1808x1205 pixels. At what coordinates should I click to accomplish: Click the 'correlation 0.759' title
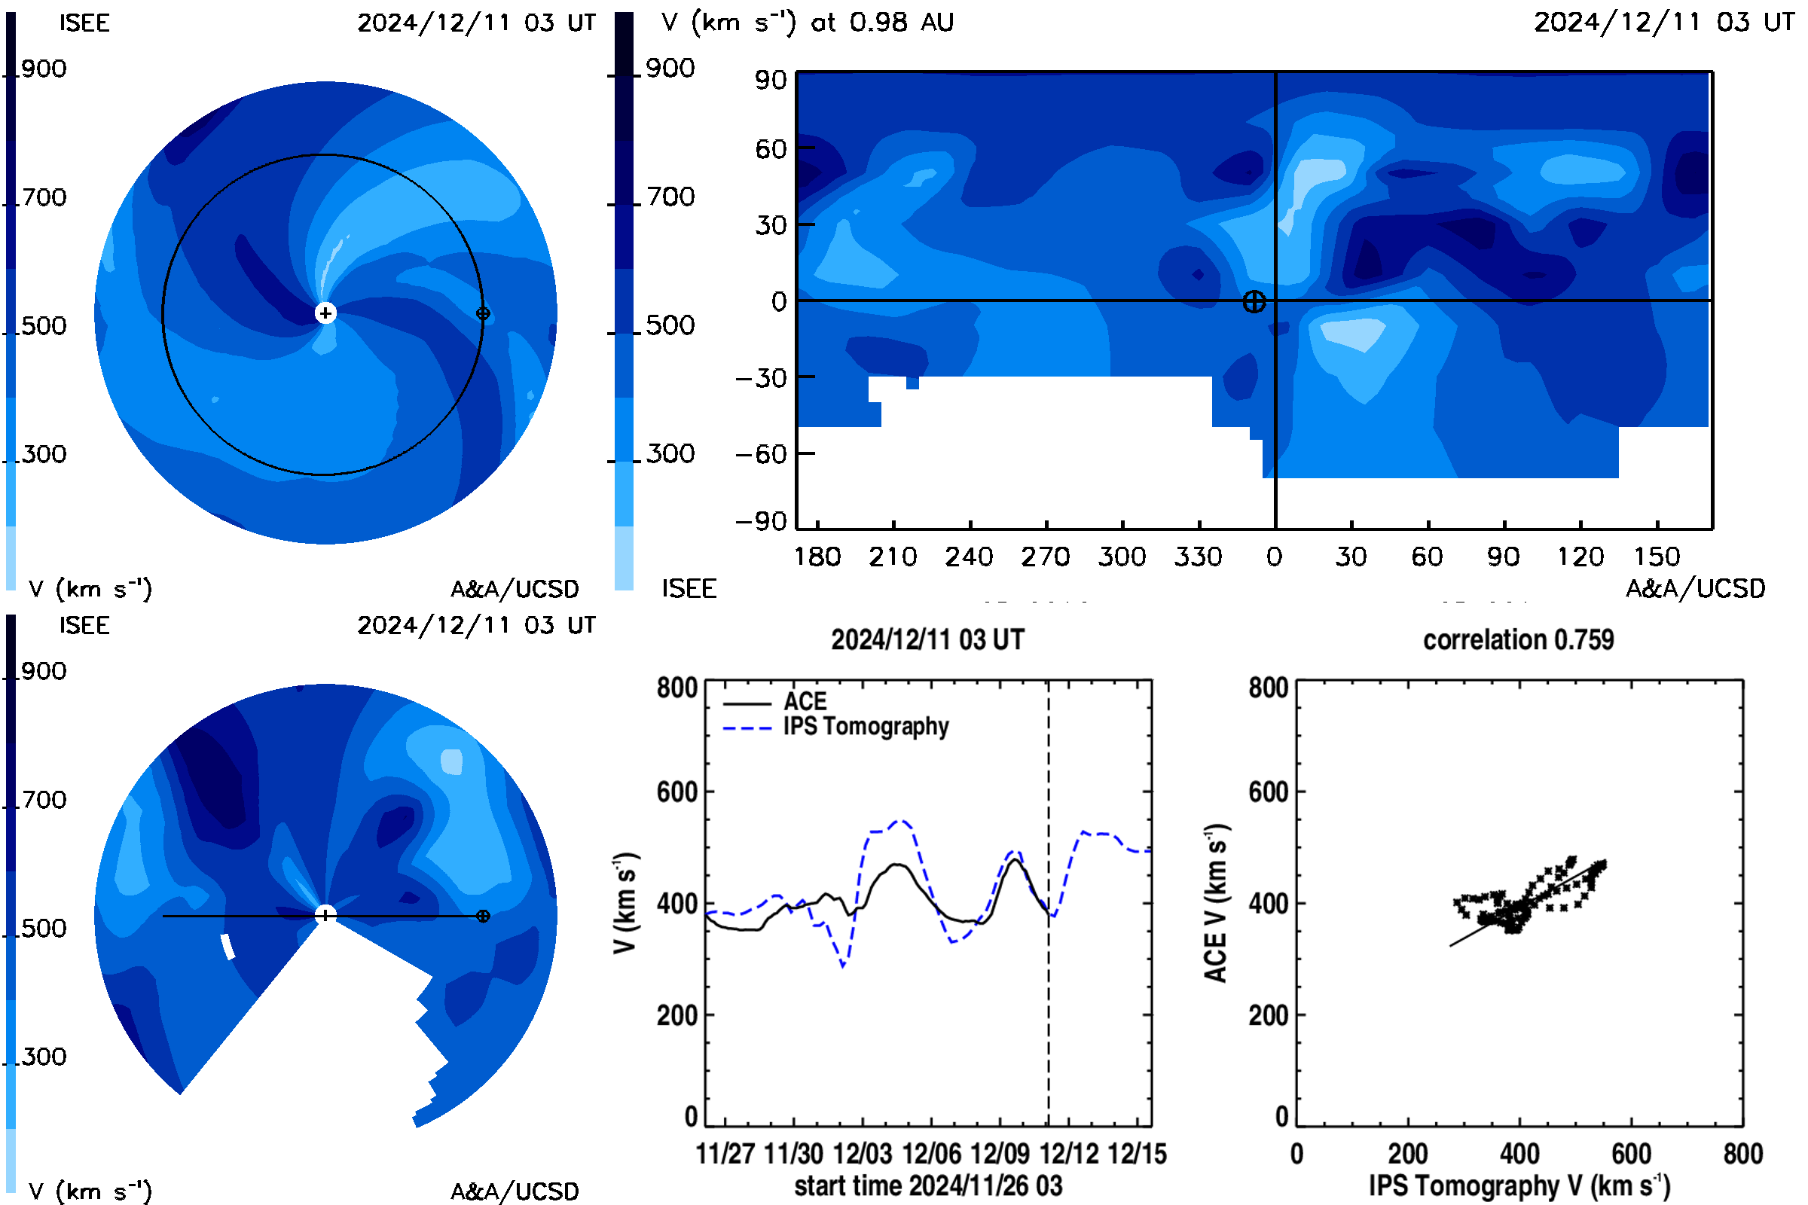point(1518,640)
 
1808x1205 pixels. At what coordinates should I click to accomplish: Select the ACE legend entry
point(775,702)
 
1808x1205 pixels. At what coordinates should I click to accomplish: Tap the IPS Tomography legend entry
point(835,727)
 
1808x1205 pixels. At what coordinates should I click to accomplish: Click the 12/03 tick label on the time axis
point(863,1154)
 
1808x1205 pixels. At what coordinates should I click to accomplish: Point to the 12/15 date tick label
point(1138,1154)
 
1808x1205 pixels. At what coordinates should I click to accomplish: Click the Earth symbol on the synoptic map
point(1254,302)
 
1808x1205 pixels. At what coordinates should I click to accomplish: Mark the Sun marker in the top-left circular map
point(326,313)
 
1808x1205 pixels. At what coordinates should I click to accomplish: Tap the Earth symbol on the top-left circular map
point(483,313)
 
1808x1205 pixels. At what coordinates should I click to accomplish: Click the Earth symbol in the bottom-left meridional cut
point(483,916)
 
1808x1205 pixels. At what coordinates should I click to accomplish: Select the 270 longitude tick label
point(1046,557)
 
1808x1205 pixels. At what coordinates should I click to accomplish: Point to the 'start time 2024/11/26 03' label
point(929,1185)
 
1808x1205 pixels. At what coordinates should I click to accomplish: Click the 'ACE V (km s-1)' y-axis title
point(1216,903)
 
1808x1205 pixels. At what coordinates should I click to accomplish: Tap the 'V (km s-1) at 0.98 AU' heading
point(807,23)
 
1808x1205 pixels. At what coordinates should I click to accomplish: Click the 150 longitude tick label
point(1657,557)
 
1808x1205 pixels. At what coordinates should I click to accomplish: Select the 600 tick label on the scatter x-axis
point(1631,1154)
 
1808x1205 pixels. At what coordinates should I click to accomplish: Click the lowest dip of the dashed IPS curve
point(843,966)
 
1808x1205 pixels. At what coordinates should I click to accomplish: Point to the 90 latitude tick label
point(770,80)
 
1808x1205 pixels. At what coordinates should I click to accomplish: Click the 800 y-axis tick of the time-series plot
point(677,687)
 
